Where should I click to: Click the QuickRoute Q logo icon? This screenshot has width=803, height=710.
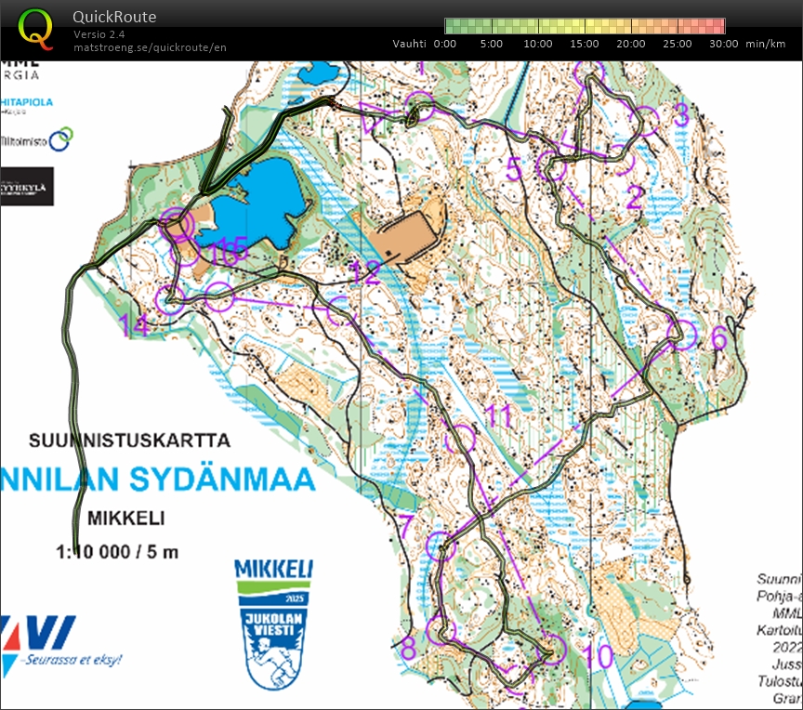coord(36,28)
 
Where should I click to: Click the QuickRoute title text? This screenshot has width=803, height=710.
coord(114,17)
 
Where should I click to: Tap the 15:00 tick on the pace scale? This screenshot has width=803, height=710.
coord(585,44)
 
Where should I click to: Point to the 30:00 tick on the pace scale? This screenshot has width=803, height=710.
coord(724,44)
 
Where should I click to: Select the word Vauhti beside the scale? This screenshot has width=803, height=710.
coord(409,44)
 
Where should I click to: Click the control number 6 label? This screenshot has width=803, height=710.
coord(718,338)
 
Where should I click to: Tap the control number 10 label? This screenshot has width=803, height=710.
coord(600,656)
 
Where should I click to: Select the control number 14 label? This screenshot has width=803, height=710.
coord(135,325)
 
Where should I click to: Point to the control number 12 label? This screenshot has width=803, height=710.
coord(366,273)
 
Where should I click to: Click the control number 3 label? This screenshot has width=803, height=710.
coord(680,114)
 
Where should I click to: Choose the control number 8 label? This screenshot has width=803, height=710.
coord(408,648)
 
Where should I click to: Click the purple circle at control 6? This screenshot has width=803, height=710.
coord(682,334)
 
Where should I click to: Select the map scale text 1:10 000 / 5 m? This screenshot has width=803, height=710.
coord(117,551)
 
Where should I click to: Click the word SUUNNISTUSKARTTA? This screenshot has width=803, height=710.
coord(129,440)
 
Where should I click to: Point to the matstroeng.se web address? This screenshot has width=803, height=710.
coord(150,47)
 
